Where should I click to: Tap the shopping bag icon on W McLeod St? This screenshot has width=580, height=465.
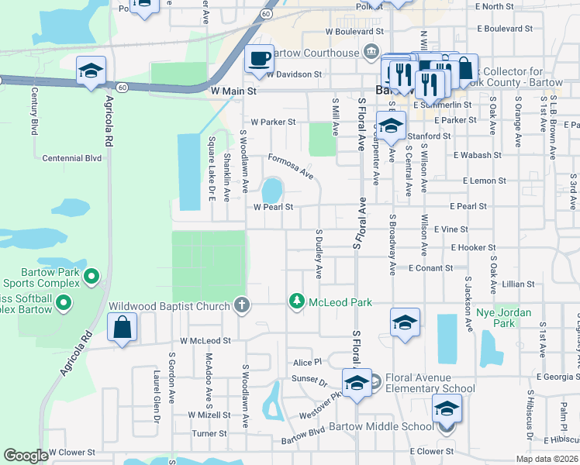[x=123, y=326]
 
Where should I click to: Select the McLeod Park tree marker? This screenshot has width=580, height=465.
[x=296, y=301]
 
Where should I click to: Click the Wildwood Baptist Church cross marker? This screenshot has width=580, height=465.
[x=241, y=305]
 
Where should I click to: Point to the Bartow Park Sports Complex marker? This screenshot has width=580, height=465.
[x=91, y=276]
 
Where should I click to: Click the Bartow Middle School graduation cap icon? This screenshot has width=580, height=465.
[x=447, y=408]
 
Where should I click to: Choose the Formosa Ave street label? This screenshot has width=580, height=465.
[x=291, y=166]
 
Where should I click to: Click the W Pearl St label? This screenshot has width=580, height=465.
[x=273, y=207]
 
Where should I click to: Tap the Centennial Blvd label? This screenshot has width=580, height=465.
[x=72, y=158]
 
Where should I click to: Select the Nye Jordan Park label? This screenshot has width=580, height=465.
[x=495, y=318]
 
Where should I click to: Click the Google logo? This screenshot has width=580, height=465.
[x=26, y=455]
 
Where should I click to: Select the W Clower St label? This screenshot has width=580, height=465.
[x=71, y=452]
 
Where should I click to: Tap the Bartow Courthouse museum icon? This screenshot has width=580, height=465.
[x=370, y=53]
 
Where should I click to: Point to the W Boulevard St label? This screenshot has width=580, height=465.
[x=355, y=32]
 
